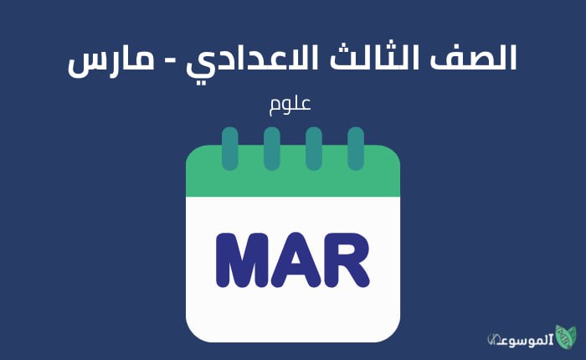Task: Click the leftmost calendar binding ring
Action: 229,148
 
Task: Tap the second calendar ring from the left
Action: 271,148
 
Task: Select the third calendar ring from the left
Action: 314,148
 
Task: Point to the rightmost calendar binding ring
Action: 356,148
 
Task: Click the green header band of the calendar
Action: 292,180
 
